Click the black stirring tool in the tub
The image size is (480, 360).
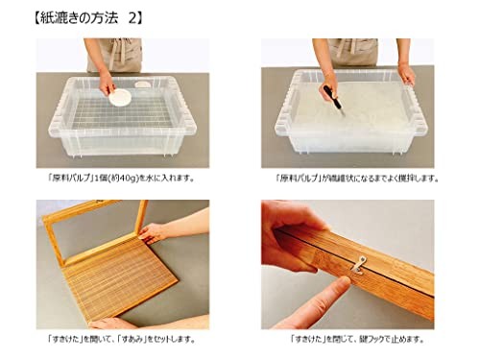point(331,95)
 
